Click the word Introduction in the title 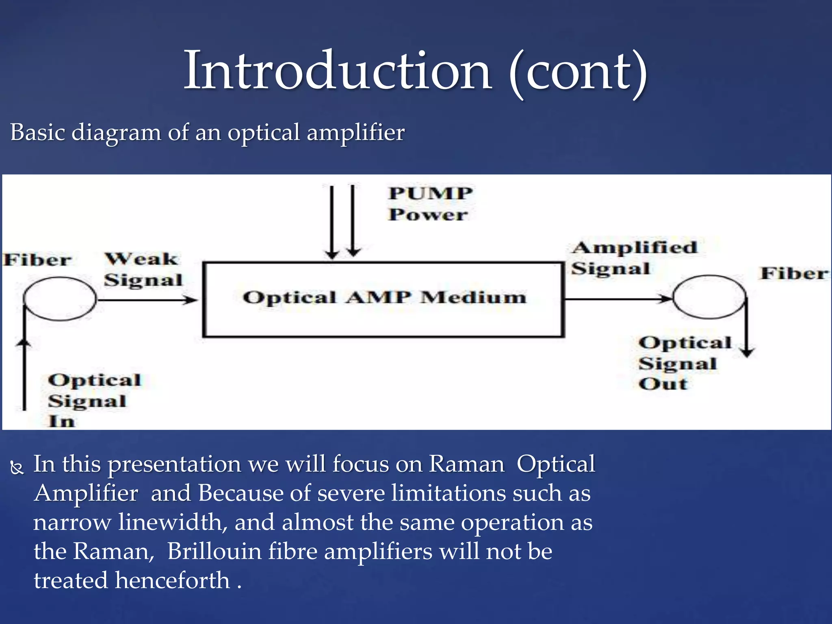pos(337,71)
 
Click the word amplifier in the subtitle pos(355,133)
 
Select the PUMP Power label pos(430,204)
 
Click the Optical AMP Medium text pos(384,297)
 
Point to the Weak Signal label pos(143,269)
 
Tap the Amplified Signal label pos(634,258)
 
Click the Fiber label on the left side pos(37,260)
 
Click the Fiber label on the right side pos(794,273)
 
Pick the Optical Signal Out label pos(685,363)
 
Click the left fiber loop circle pos(60,299)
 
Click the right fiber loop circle pos(709,297)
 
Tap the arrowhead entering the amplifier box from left pos(191,300)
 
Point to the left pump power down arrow pos(332,221)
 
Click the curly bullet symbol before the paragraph pos(17,468)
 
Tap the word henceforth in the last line pos(173,580)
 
